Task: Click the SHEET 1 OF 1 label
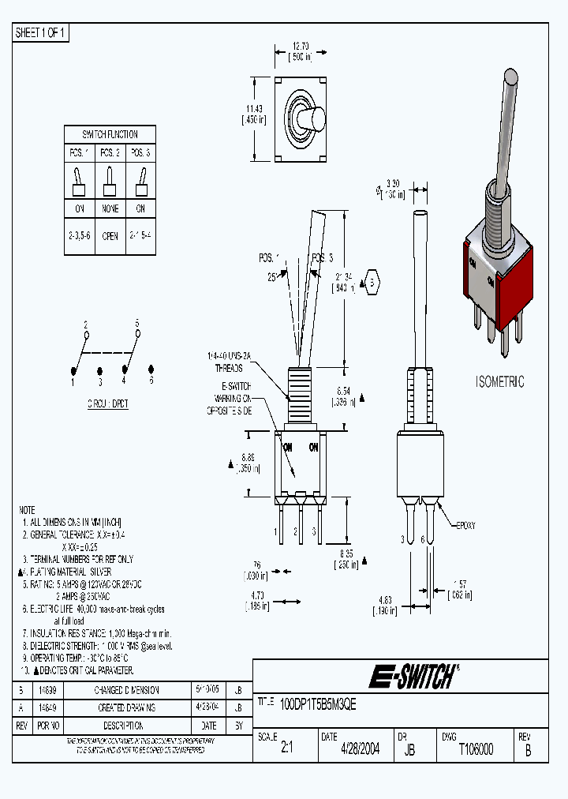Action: [x=42, y=33]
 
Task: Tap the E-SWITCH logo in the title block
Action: [x=413, y=677]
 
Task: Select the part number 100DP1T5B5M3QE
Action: [x=319, y=706]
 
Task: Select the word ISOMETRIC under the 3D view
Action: [x=499, y=382]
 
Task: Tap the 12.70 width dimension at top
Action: [x=297, y=47]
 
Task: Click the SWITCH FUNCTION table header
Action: [x=110, y=134]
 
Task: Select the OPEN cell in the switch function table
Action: [x=110, y=236]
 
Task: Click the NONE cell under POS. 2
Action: [x=110, y=208]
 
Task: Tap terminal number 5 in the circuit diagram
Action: [x=136, y=323]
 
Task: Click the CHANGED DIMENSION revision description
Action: [x=128, y=690]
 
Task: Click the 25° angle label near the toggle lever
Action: [x=272, y=277]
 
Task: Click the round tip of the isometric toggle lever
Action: [x=510, y=77]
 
